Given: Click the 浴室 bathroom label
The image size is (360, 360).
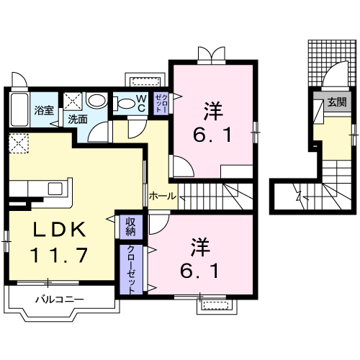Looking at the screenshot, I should pyautogui.click(x=45, y=110).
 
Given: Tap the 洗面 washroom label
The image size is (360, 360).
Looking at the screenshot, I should pyautogui.click(x=77, y=121).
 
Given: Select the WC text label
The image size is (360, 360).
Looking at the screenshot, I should pyautogui.click(x=142, y=104).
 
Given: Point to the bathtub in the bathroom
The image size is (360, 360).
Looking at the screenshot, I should pyautogui.click(x=19, y=109).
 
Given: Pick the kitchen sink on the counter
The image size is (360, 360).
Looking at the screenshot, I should pyautogui.click(x=55, y=189).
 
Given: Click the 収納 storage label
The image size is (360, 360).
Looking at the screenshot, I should pyautogui.click(x=130, y=226).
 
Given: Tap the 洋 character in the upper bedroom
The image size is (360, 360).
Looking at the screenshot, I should pyautogui.click(x=211, y=111).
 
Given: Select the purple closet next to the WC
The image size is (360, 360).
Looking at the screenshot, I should pyautogui.click(x=161, y=103).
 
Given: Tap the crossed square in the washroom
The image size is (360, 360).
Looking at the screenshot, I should pyautogui.click(x=73, y=100).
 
